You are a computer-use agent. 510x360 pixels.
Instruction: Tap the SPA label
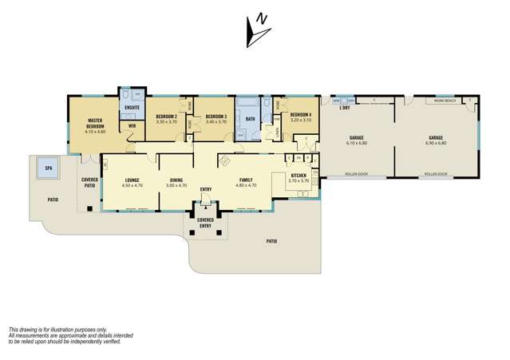tap(48, 169)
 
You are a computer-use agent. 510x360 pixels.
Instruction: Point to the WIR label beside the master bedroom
tap(132, 125)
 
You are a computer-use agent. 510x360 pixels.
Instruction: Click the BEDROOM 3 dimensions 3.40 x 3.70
tap(216, 121)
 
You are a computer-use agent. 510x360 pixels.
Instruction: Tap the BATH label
tap(250, 119)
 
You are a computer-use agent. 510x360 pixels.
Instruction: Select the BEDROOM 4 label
tap(300, 116)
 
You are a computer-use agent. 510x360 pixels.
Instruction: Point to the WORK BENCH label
tap(443, 101)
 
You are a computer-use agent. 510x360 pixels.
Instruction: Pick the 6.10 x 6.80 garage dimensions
tap(356, 143)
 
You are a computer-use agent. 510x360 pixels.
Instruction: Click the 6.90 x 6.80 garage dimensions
tap(437, 143)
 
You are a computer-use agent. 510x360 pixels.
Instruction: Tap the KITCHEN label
tap(298, 175)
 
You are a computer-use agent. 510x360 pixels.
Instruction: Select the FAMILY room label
tap(246, 180)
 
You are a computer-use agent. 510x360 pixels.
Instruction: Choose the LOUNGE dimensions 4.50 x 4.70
tap(132, 185)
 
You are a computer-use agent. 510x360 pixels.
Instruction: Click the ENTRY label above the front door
tap(206, 188)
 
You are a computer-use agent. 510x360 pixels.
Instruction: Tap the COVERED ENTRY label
tap(205, 221)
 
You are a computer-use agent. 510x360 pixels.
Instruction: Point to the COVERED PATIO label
tap(90, 182)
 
